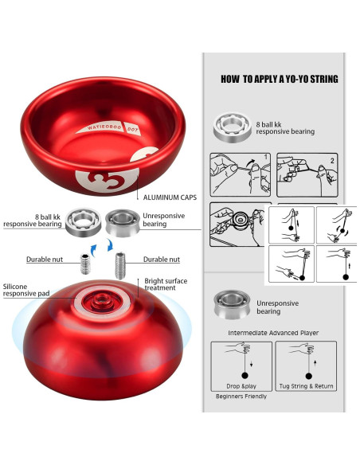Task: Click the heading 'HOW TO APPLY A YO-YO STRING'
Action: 279,79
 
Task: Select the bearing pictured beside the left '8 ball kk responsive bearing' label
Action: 82,220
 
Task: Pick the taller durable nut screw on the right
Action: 122,261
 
